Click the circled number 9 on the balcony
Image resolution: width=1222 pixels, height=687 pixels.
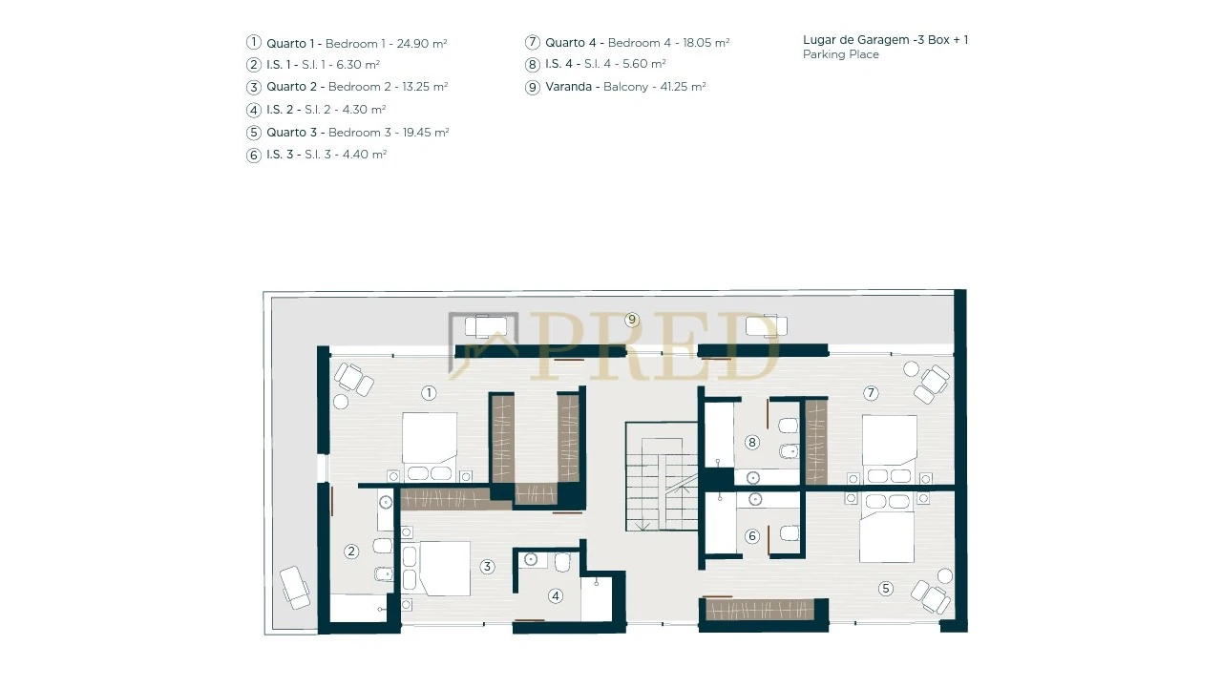632,320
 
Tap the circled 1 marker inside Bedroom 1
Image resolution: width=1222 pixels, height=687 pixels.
429,392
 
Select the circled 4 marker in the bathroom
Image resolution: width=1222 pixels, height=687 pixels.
556,596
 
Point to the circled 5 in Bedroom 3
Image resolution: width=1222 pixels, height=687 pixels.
885,589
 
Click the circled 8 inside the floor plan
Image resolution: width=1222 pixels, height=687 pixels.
752,442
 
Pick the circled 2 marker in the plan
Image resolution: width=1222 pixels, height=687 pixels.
351,552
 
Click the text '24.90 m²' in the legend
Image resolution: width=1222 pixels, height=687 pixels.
422,44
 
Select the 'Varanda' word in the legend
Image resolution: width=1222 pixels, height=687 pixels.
568,87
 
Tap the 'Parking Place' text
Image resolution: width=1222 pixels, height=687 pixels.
841,54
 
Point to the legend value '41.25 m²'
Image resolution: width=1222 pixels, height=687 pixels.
682,87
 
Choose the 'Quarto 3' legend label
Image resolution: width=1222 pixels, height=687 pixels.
291,133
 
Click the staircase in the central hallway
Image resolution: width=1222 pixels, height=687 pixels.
662,476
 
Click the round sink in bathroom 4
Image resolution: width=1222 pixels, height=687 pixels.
531,560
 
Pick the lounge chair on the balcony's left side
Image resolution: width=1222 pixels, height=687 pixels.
295,588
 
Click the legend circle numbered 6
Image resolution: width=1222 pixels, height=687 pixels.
254,156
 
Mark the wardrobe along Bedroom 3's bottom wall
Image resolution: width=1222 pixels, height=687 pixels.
759,610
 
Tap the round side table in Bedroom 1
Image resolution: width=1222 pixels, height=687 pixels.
341,402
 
